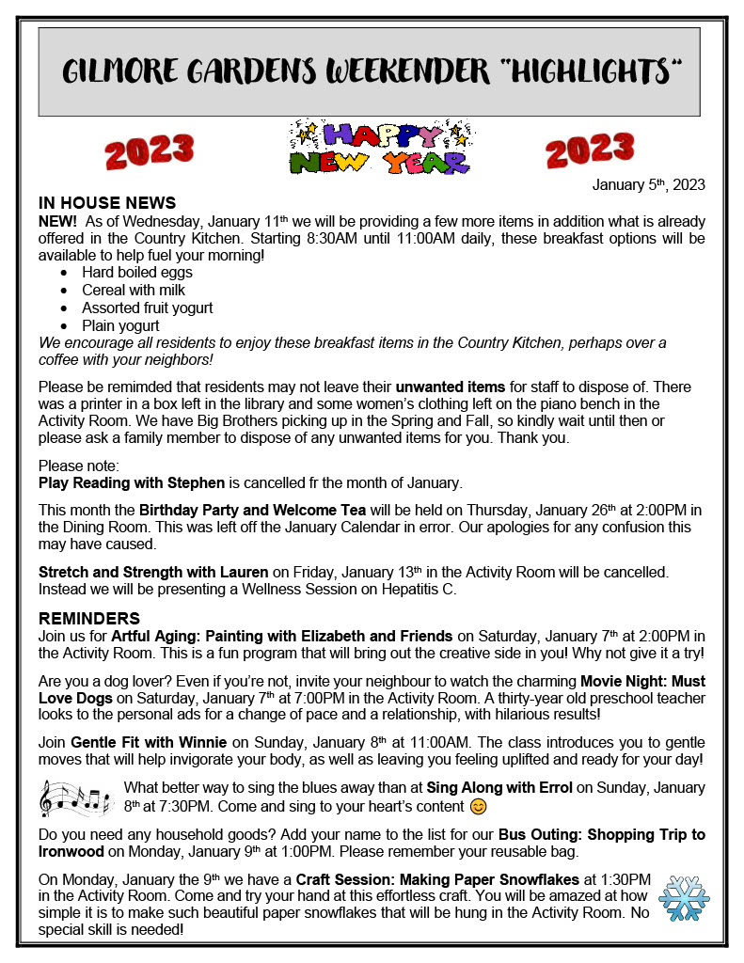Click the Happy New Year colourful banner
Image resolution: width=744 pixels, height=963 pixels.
point(378,149)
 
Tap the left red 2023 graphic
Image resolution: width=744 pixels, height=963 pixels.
point(150,150)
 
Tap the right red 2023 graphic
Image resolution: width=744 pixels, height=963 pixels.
point(590,149)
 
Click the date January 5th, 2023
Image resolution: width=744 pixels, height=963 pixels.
point(648,184)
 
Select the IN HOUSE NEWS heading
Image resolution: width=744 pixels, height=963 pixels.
point(107,203)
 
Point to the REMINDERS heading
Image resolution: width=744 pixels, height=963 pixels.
point(89,619)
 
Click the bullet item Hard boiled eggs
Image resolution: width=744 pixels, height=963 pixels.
point(137,273)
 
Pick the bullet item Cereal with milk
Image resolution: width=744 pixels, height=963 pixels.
point(134,291)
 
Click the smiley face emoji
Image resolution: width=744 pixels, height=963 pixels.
point(479,807)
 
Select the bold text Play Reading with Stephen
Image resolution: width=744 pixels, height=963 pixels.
point(132,483)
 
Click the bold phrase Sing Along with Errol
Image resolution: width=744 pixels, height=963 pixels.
point(499,787)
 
